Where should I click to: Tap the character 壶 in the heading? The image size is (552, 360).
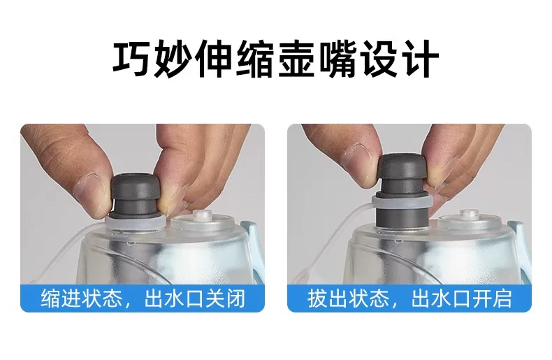[296, 59]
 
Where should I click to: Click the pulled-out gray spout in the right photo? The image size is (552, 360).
[402, 190]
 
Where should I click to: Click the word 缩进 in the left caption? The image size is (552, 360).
[60, 298]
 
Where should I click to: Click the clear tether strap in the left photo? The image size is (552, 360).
[67, 250]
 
